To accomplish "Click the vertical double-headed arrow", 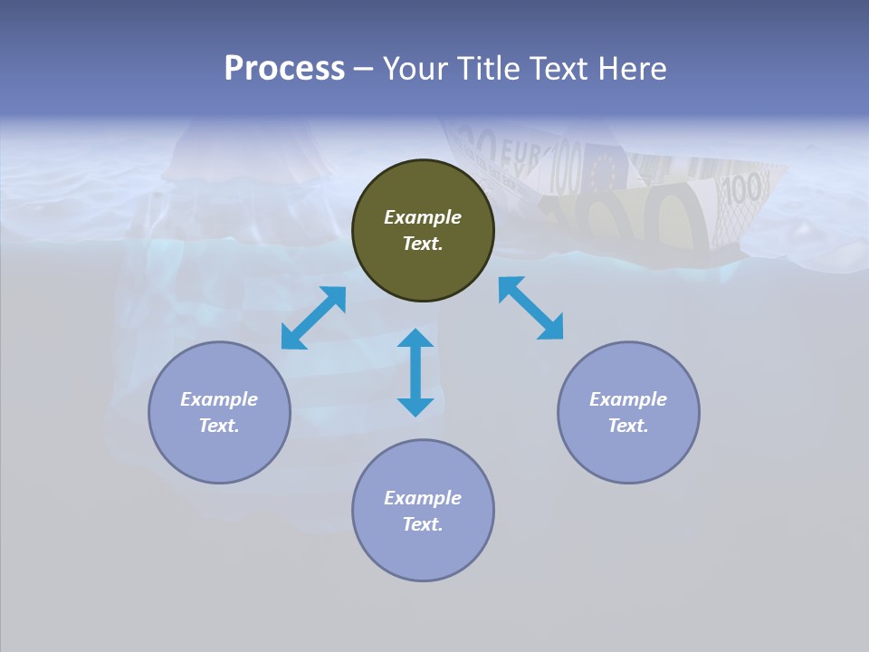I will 415,372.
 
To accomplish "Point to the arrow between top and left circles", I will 313,318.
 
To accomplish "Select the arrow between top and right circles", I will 530,308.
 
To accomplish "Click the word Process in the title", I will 284,68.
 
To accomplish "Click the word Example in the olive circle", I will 423,217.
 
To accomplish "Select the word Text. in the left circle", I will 219,426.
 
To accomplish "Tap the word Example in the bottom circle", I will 423,498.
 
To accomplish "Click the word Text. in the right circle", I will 628,426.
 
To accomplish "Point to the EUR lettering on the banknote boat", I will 520,153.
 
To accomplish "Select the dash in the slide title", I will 364,69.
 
